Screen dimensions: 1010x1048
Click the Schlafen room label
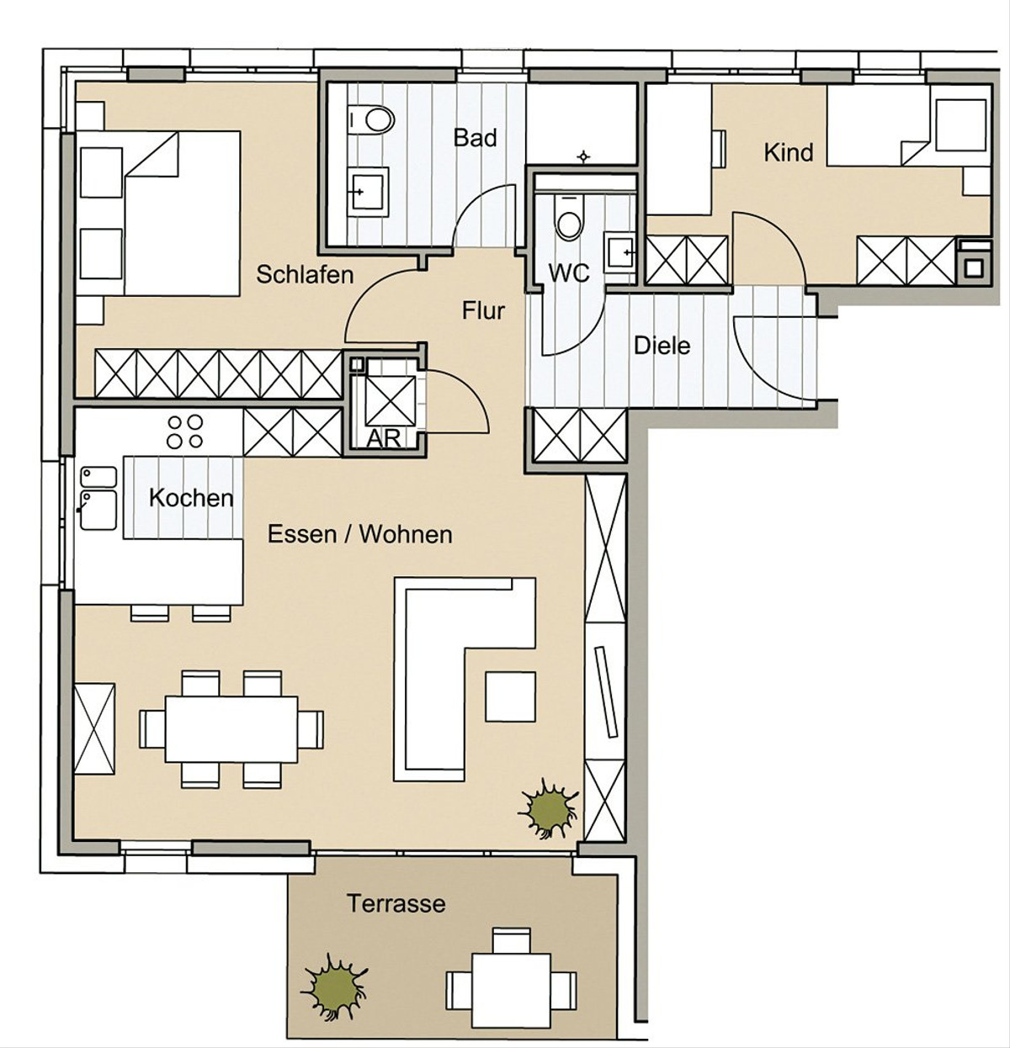click(305, 275)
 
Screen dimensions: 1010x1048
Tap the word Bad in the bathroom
click(475, 138)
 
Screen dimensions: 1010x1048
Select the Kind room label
click(788, 153)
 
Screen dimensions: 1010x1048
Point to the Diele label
click(662, 345)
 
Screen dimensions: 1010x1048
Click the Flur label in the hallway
click(483, 310)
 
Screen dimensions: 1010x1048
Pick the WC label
click(569, 273)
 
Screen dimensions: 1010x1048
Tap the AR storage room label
click(384, 439)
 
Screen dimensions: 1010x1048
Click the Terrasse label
click(396, 903)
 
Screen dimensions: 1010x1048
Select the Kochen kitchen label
click(191, 498)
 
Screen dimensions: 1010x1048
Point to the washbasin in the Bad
click(368, 192)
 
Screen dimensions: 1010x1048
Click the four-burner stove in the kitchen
click(184, 431)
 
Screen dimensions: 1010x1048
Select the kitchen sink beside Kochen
click(98, 498)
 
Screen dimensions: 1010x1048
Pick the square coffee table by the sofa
click(510, 696)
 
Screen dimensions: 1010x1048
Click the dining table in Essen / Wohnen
click(231, 728)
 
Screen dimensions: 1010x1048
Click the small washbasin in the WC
click(620, 251)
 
